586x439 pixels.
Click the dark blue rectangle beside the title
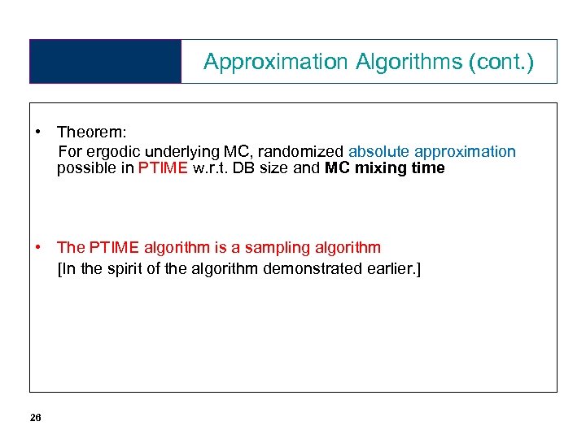[x=105, y=61]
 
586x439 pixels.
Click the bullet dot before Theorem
[x=38, y=132]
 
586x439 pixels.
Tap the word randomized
[x=300, y=151]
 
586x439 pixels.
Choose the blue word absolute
[x=378, y=151]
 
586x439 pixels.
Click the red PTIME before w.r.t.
[x=164, y=168]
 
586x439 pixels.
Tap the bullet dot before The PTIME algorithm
[x=38, y=247]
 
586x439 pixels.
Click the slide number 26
[x=35, y=417]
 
